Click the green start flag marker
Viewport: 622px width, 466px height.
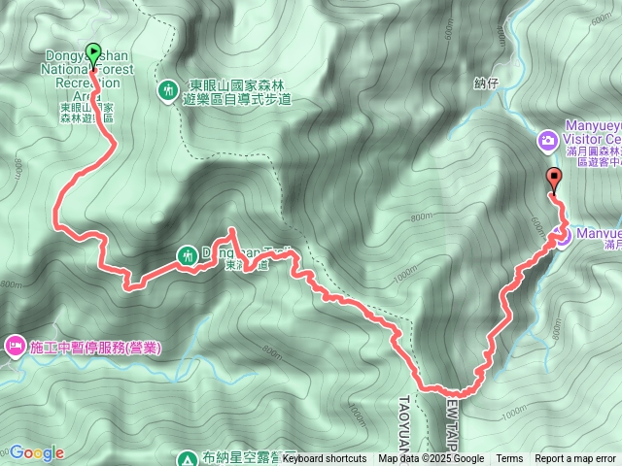coord(94,55)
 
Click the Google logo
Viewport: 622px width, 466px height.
coord(36,452)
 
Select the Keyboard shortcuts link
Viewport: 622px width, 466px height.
coord(325,459)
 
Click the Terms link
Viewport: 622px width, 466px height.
coord(509,459)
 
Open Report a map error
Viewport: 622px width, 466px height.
coord(575,459)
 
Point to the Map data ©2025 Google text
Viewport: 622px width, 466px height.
coord(432,459)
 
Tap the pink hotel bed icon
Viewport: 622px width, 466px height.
coord(16,346)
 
